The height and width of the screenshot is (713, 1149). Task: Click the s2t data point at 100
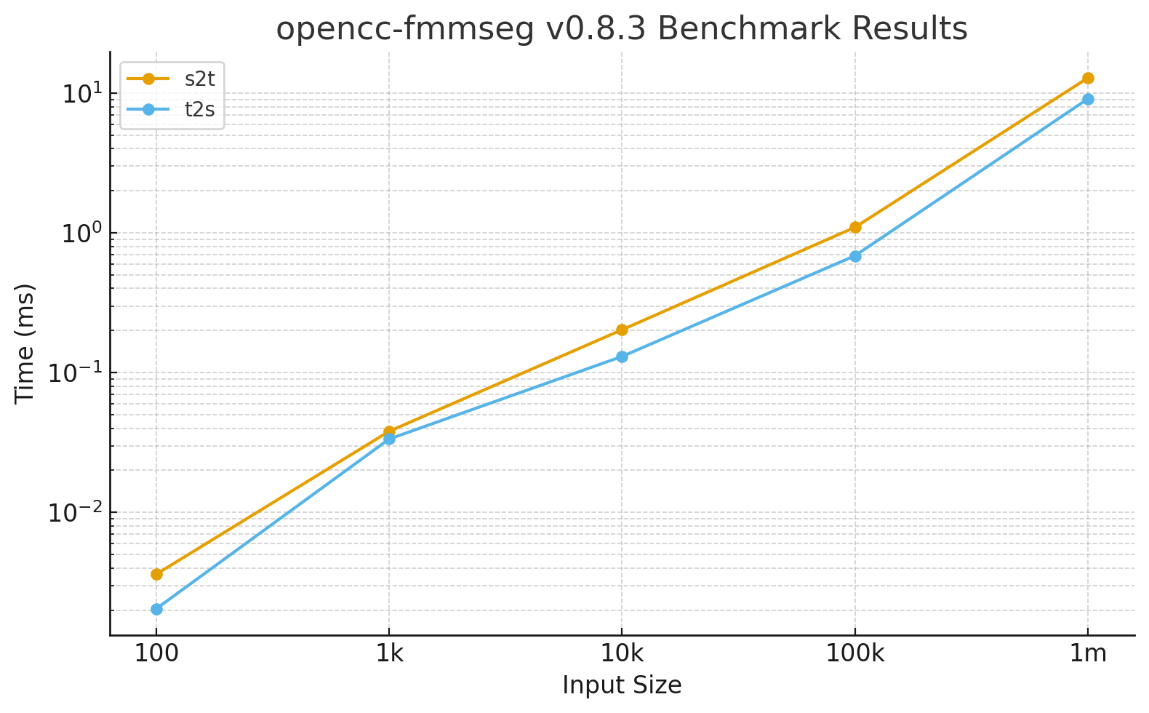(156, 574)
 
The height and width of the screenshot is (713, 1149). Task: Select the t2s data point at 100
(156, 609)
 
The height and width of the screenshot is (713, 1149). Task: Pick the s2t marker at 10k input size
(622, 330)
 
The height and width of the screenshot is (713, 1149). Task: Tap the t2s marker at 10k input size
(622, 356)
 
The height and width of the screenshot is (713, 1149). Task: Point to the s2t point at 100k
(855, 227)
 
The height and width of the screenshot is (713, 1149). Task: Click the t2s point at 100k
(855, 256)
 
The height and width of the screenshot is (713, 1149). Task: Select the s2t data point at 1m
(1088, 78)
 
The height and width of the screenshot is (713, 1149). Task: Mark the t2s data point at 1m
(1088, 99)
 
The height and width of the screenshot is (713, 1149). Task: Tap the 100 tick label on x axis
(156, 653)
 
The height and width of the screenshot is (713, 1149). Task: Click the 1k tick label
(389, 653)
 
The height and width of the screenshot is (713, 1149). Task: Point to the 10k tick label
(622, 653)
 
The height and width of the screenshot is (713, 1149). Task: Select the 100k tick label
(855, 653)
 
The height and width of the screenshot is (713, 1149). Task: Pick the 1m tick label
(1088, 653)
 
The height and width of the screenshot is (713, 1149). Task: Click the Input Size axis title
(622, 685)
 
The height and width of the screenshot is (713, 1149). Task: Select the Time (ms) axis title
(25, 343)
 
